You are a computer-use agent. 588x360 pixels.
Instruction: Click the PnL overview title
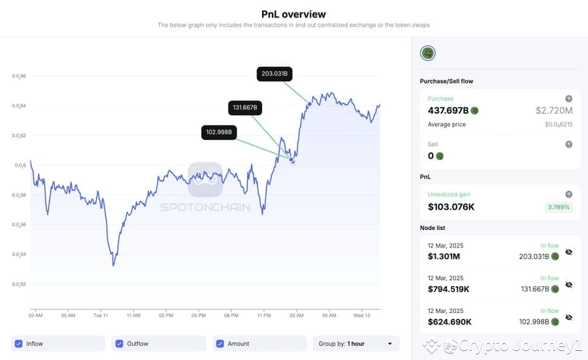tap(293, 14)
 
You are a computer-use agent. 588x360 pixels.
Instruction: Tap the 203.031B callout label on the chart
tap(274, 74)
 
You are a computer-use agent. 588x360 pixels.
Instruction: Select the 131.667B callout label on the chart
tap(245, 107)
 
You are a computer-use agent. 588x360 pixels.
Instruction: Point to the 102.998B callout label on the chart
tap(219, 133)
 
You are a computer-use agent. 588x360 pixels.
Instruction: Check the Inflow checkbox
tap(19, 344)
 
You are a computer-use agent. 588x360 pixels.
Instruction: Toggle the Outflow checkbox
tap(119, 344)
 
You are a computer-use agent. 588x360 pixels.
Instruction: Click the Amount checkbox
tap(220, 344)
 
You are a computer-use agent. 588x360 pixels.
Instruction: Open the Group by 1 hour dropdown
tap(356, 344)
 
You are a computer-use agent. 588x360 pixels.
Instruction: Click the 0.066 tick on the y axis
tap(19, 76)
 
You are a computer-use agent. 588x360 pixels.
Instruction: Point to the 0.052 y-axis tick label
tap(19, 284)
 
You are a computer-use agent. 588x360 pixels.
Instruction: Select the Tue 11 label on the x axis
tap(101, 315)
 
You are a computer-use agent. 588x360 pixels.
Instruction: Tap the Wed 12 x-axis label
tap(363, 315)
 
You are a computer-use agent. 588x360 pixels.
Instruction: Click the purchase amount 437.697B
tap(448, 110)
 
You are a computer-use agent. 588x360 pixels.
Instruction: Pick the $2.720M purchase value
tap(554, 110)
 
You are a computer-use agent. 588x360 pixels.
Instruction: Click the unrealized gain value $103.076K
tap(451, 207)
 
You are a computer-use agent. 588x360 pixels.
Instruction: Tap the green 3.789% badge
tap(559, 207)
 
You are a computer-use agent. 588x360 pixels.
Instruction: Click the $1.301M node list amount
tap(445, 257)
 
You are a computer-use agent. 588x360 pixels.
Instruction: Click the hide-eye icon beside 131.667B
tap(568, 285)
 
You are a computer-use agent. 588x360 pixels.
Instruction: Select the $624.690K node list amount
tap(449, 322)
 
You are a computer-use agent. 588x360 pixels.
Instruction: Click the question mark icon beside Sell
tap(568, 144)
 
